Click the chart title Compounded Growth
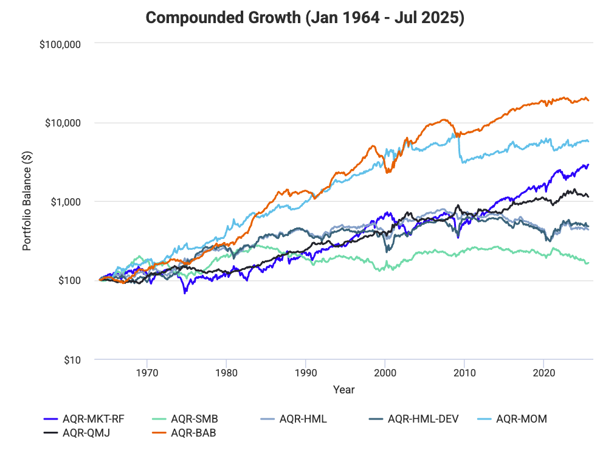click(x=305, y=18)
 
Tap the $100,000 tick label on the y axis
click(x=60, y=44)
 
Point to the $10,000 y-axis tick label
click(x=63, y=123)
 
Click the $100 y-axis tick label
click(x=70, y=281)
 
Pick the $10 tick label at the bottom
click(x=72, y=360)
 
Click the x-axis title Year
click(x=343, y=389)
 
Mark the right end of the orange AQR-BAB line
click(x=588, y=100)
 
